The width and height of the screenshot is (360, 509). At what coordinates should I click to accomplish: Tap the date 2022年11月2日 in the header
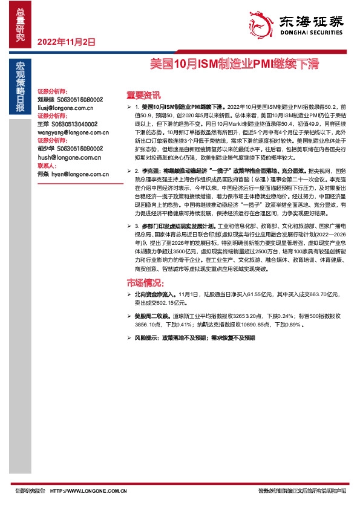pyautogui.click(x=67, y=42)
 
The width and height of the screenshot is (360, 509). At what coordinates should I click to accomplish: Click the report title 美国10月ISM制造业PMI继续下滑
pyautogui.click(x=234, y=63)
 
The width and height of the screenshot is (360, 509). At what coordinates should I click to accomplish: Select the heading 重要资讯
pyautogui.click(x=143, y=94)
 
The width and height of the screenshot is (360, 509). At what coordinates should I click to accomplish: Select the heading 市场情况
pyautogui.click(x=145, y=283)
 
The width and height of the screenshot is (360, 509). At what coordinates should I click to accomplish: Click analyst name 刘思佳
pyautogui.click(x=45, y=99)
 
